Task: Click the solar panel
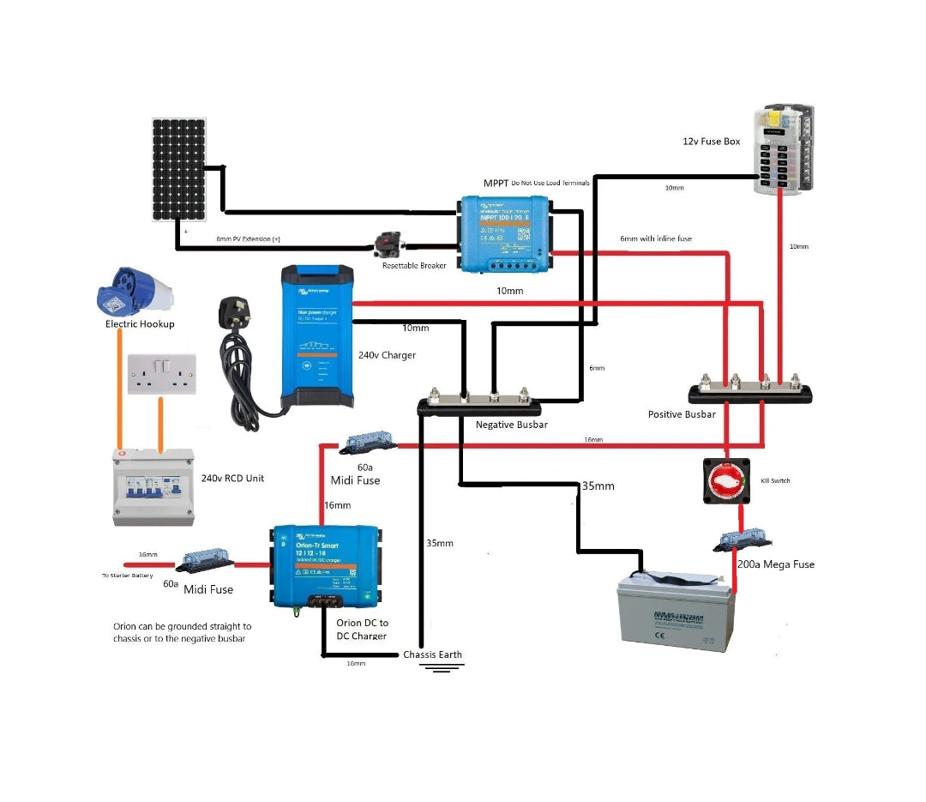179,168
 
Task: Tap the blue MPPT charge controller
504,233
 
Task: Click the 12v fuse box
782,149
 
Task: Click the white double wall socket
161,374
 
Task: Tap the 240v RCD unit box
153,486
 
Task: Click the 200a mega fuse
743,540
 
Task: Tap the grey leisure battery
676,612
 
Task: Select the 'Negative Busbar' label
511,425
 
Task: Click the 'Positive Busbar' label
682,414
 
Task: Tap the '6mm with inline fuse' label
655,238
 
